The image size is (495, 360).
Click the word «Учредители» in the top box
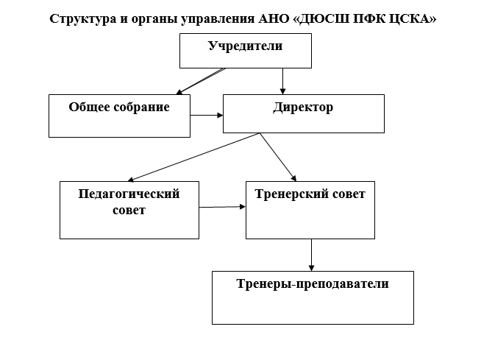[246, 46]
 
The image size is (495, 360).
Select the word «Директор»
[303, 107]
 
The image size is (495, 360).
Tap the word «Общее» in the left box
[88, 107]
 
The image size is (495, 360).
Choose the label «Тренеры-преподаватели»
[313, 283]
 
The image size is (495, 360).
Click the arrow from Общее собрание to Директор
[207, 116]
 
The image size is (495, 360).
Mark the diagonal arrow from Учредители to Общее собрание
[200, 82]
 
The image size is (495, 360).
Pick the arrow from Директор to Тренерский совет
[278, 157]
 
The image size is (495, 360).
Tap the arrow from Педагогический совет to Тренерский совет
[222, 207]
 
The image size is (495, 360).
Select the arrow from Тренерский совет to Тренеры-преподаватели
[312, 255]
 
